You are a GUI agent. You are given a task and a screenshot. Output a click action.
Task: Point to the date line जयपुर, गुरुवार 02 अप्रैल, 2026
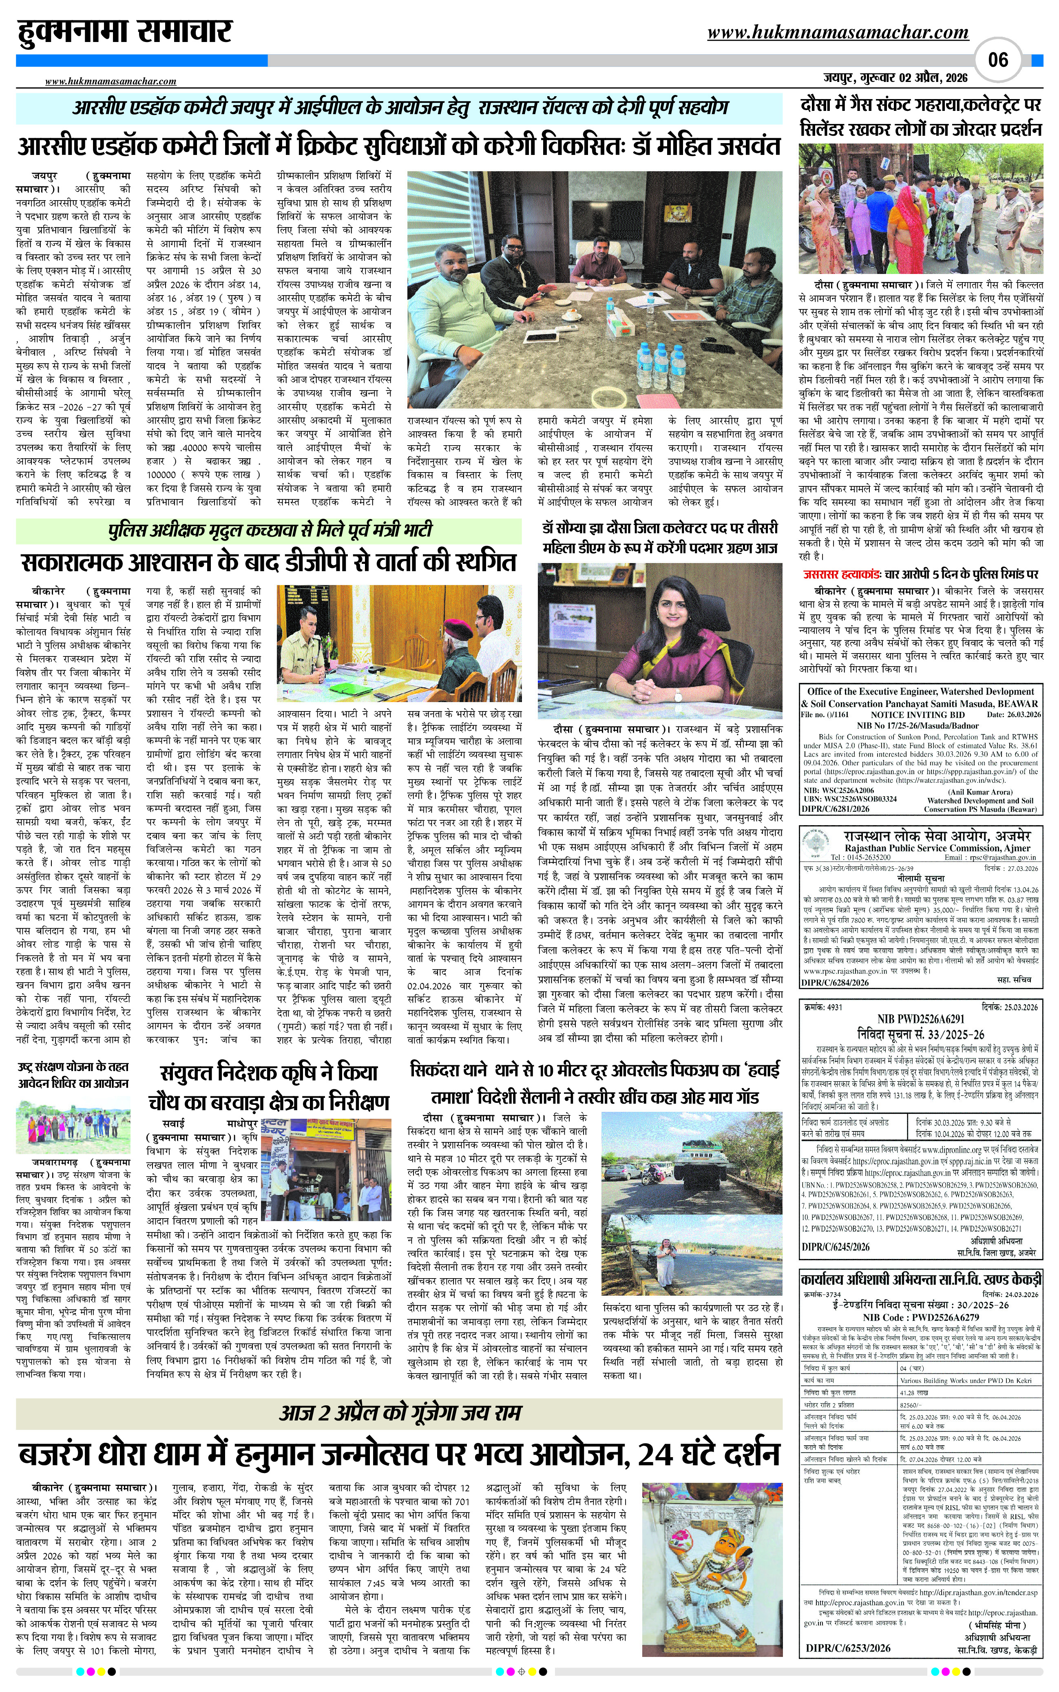click(x=896, y=78)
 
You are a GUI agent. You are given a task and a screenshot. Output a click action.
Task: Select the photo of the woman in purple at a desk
click(x=660, y=642)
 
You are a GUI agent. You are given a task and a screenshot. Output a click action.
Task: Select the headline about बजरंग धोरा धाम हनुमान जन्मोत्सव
click(x=398, y=1453)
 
